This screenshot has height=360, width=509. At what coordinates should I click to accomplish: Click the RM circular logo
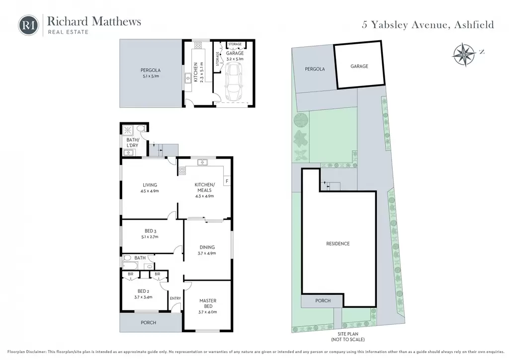(28, 25)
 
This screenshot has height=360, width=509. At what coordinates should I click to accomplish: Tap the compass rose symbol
(464, 55)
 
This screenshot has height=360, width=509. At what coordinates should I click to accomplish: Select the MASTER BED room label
(208, 303)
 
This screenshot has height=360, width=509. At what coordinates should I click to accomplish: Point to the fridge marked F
(227, 181)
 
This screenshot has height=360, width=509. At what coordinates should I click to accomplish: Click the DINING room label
(207, 247)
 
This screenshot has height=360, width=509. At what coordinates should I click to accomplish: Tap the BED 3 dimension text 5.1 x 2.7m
(150, 237)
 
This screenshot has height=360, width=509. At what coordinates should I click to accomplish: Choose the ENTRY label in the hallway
(175, 298)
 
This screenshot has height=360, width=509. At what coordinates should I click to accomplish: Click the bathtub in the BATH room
(130, 266)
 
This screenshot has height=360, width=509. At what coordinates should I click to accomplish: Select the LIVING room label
(150, 185)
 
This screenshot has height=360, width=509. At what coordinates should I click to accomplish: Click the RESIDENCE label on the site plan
(338, 244)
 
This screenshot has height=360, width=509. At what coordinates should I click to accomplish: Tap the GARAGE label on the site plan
(359, 66)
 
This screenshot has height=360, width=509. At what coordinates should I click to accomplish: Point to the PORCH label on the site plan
(323, 301)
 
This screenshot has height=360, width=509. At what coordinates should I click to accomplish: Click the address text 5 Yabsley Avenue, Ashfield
(428, 25)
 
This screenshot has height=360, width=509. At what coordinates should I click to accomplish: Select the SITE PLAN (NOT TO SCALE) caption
(347, 337)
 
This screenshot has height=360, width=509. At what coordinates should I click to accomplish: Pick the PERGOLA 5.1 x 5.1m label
(151, 73)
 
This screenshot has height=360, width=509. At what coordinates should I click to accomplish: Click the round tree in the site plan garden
(301, 120)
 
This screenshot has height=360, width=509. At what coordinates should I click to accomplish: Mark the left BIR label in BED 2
(131, 274)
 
